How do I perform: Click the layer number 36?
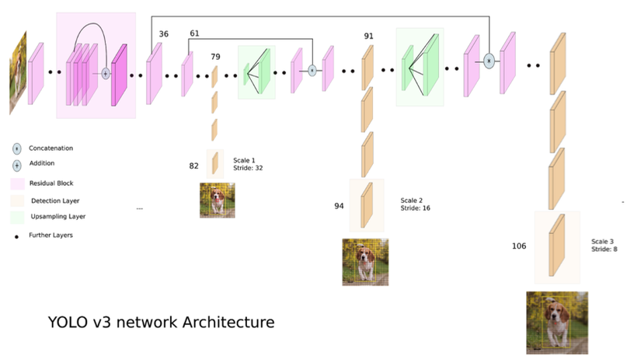point(163,34)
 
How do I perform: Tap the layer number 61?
point(194,33)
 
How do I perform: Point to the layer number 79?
point(215,57)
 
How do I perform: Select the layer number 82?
point(193,166)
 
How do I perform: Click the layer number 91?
point(368,36)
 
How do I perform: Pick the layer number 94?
point(339,206)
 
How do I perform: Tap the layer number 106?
point(519,246)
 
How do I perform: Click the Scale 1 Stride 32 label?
point(248,164)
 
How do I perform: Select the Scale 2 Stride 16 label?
point(415,204)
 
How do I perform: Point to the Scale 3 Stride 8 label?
point(604,245)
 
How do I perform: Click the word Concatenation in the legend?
point(51,148)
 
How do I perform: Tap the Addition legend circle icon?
point(17,165)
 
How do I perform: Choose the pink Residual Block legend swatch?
point(18,183)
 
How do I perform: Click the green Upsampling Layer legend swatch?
point(18,217)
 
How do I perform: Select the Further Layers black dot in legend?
point(16,237)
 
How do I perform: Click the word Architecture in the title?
point(228,322)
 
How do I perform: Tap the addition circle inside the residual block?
point(106,74)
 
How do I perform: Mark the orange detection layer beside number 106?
point(557,245)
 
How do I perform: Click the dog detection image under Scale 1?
point(218,201)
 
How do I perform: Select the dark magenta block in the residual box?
point(119,75)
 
